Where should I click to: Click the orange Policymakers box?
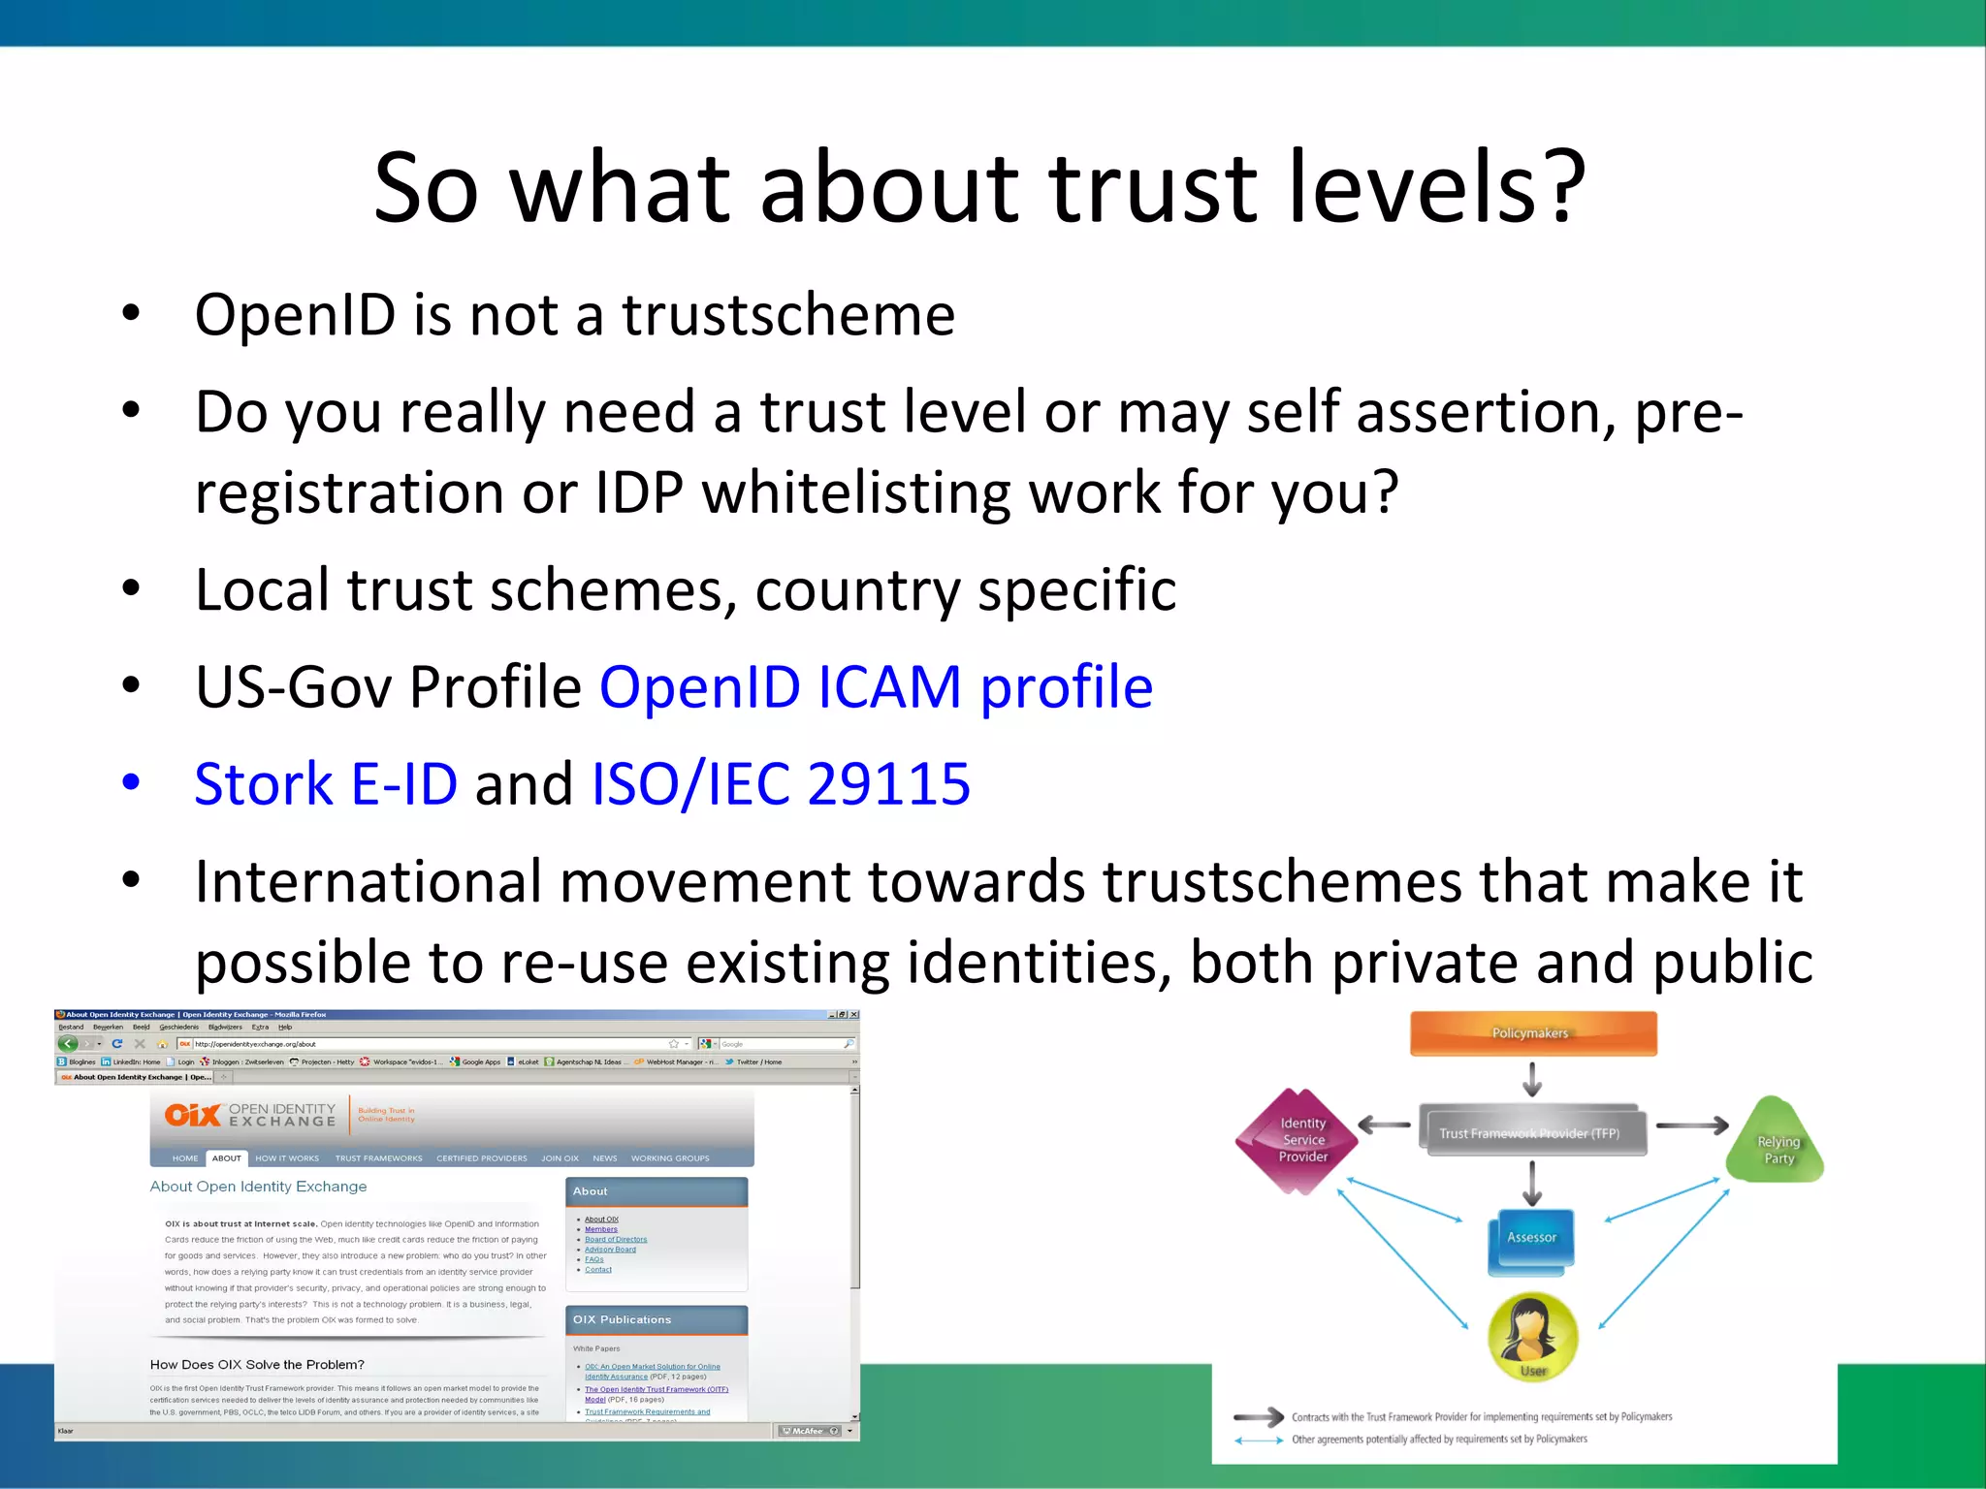1532,1033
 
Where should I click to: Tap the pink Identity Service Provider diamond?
1298,1141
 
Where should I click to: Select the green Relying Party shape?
1777,1145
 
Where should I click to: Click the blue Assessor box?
1531,1238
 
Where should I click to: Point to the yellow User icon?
1532,1335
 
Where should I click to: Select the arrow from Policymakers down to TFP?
1532,1078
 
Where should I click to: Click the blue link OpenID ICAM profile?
876,687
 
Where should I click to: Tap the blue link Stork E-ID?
326,784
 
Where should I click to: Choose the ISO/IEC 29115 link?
781,784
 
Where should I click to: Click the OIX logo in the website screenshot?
193,1115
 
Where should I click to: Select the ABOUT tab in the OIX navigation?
226,1158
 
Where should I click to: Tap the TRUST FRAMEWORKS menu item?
378,1158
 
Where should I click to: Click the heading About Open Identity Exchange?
258,1187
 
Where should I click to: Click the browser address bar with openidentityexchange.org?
427,1044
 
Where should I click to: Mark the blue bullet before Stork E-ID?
131,782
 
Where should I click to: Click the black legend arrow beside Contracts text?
1258,1417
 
